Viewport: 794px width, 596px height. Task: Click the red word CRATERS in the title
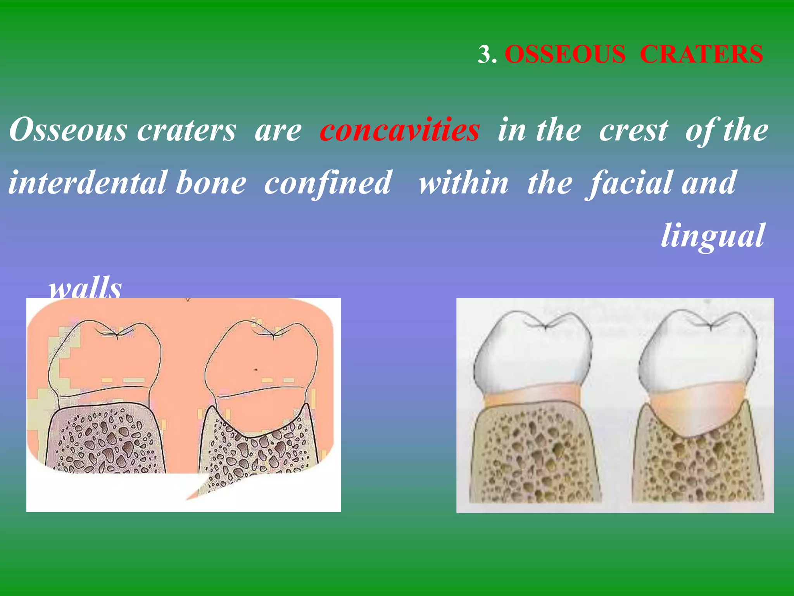pos(701,54)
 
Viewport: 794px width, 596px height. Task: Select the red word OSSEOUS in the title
pos(565,54)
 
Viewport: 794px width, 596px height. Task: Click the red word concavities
pos(400,130)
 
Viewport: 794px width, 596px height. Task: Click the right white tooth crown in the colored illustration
pos(698,349)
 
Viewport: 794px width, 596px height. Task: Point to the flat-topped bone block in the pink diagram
pos(105,438)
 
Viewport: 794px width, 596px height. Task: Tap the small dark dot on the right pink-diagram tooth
pos(255,370)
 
